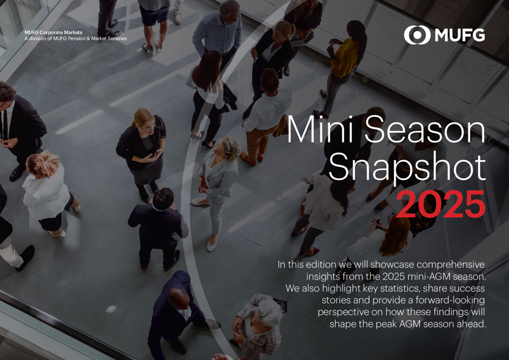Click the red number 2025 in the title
(x=441, y=205)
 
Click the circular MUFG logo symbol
(x=416, y=35)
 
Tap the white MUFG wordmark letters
(x=459, y=35)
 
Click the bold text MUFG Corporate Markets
(x=53, y=32)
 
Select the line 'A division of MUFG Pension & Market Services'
(x=76, y=39)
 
